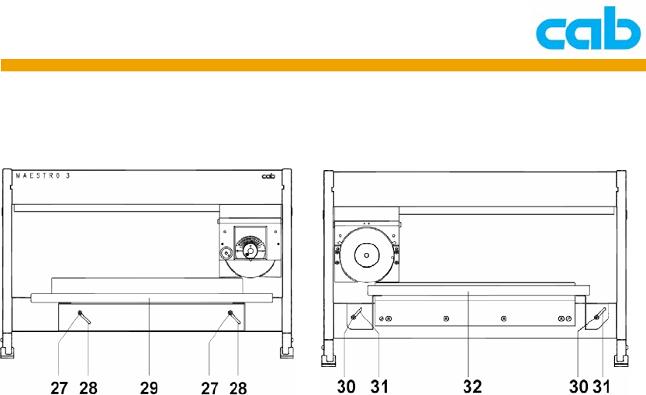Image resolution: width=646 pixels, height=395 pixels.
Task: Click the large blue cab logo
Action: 589,28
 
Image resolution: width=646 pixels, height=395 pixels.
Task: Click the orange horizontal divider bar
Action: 323,65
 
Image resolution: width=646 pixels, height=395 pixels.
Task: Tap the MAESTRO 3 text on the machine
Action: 43,175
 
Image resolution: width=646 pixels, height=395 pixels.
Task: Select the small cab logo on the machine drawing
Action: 268,176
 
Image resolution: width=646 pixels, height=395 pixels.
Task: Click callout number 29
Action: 149,388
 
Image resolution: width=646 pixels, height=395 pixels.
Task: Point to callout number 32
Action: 472,386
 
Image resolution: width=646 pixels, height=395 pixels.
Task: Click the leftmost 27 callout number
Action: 59,388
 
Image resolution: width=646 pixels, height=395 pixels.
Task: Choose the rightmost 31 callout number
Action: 601,386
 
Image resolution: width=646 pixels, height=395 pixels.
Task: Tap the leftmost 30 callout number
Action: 346,386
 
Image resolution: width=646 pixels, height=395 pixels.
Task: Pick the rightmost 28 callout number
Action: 238,388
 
